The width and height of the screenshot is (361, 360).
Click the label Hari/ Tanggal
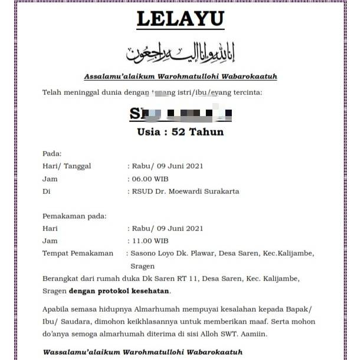point(67,166)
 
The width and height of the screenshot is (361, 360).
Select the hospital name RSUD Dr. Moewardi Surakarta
point(185,191)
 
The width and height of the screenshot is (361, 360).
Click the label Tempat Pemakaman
point(77,253)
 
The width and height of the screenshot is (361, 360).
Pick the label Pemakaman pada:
point(74,216)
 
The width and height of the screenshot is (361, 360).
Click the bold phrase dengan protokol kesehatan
point(119,291)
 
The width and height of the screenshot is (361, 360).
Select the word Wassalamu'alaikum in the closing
point(80,352)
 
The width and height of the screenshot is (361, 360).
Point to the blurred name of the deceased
point(180,113)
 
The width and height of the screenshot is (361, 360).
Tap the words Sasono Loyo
point(151,253)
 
